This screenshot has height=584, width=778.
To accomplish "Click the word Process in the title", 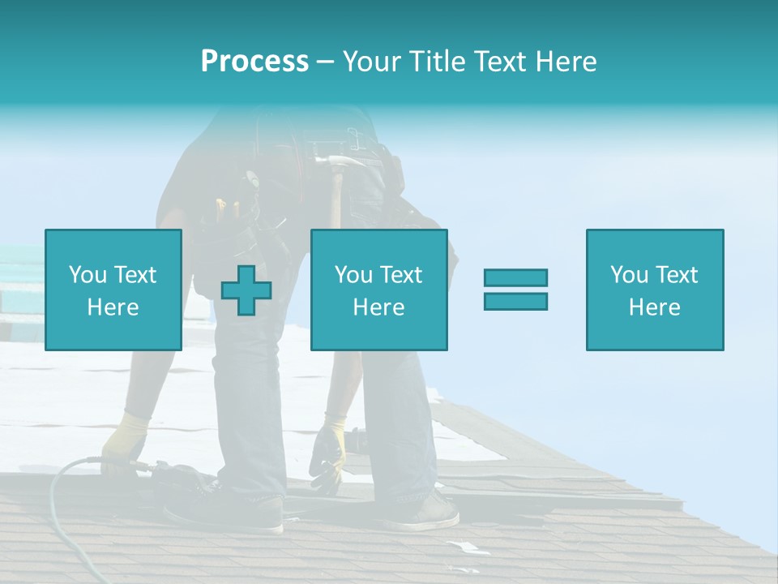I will (x=254, y=62).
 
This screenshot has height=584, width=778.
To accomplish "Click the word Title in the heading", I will (x=438, y=62).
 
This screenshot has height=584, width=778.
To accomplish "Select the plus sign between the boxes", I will (x=246, y=290).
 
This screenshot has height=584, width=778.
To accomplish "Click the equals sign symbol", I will (x=515, y=290).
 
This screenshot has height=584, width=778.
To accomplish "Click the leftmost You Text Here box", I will (x=113, y=290).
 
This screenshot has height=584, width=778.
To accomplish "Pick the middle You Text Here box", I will (x=379, y=290).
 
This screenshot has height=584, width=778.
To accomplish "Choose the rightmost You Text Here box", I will (x=655, y=290).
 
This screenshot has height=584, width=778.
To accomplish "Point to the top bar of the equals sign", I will (x=515, y=277).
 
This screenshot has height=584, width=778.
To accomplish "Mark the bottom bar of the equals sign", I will (x=515, y=301).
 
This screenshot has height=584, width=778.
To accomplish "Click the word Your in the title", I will (x=370, y=62).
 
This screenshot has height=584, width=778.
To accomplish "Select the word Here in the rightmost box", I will (x=655, y=307).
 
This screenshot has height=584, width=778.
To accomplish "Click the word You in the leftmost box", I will (x=88, y=275).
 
